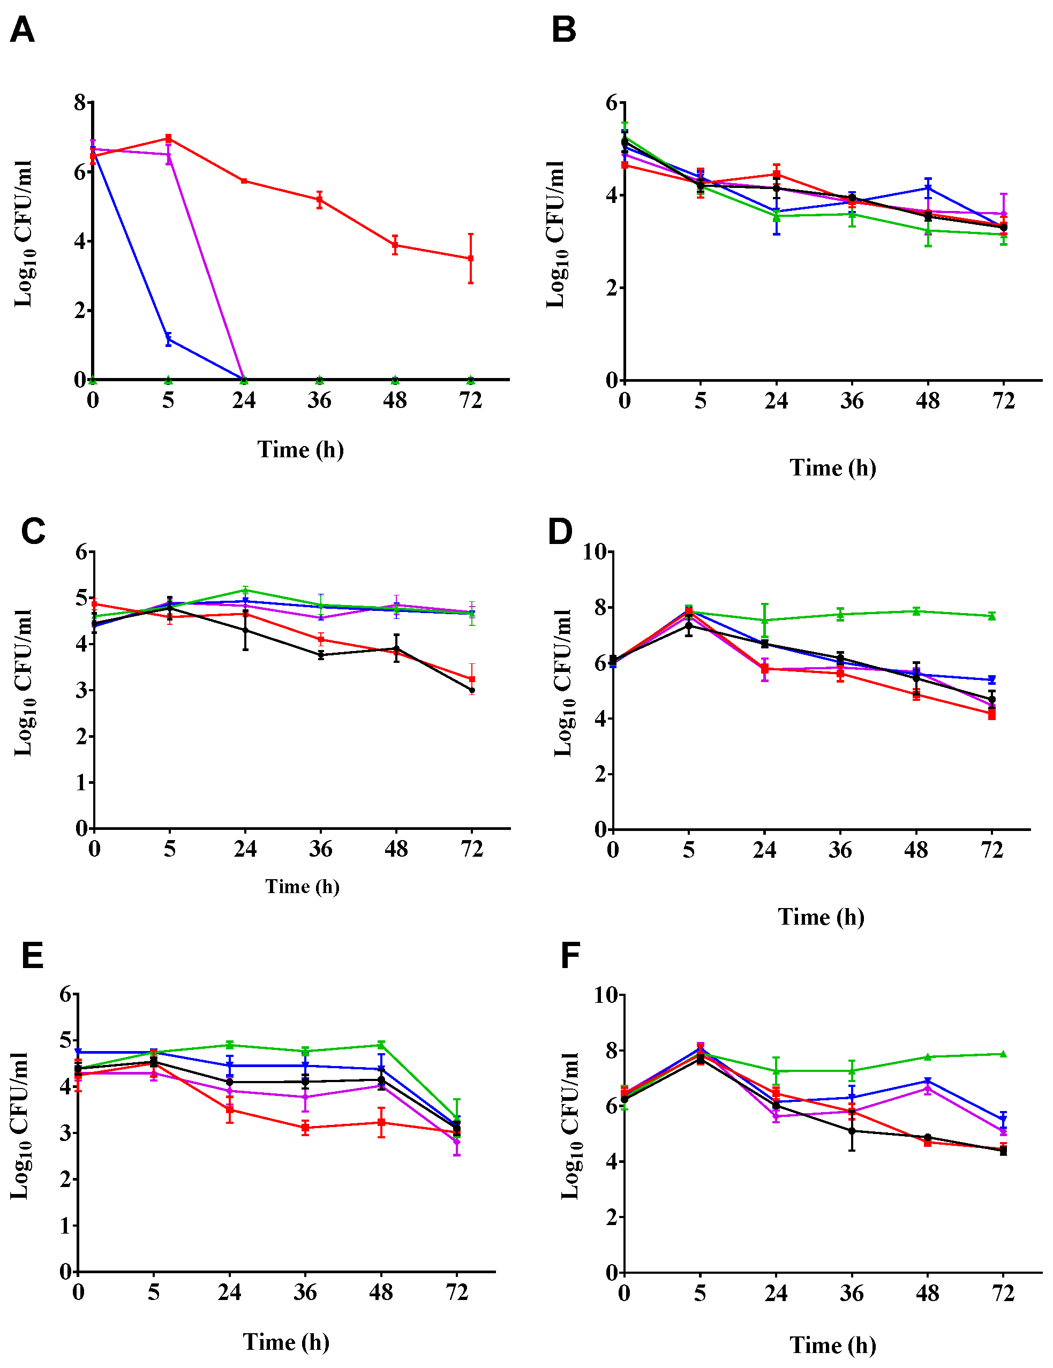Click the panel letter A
[x=22, y=29]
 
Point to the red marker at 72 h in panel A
[x=470, y=258]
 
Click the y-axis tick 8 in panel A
[x=80, y=102]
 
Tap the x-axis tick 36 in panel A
[x=319, y=399]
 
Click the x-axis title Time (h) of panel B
[x=832, y=467]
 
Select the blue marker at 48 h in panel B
[x=928, y=188]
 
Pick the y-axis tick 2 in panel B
[x=612, y=288]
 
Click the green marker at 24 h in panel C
[x=245, y=589]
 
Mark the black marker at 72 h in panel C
[x=472, y=690]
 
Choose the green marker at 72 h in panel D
[x=991, y=616]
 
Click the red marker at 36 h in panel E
[x=305, y=1128]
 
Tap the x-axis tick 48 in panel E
[x=381, y=1291]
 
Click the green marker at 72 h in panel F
[x=1004, y=1054]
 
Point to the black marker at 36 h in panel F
[x=852, y=1131]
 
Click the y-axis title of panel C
[x=23, y=682]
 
